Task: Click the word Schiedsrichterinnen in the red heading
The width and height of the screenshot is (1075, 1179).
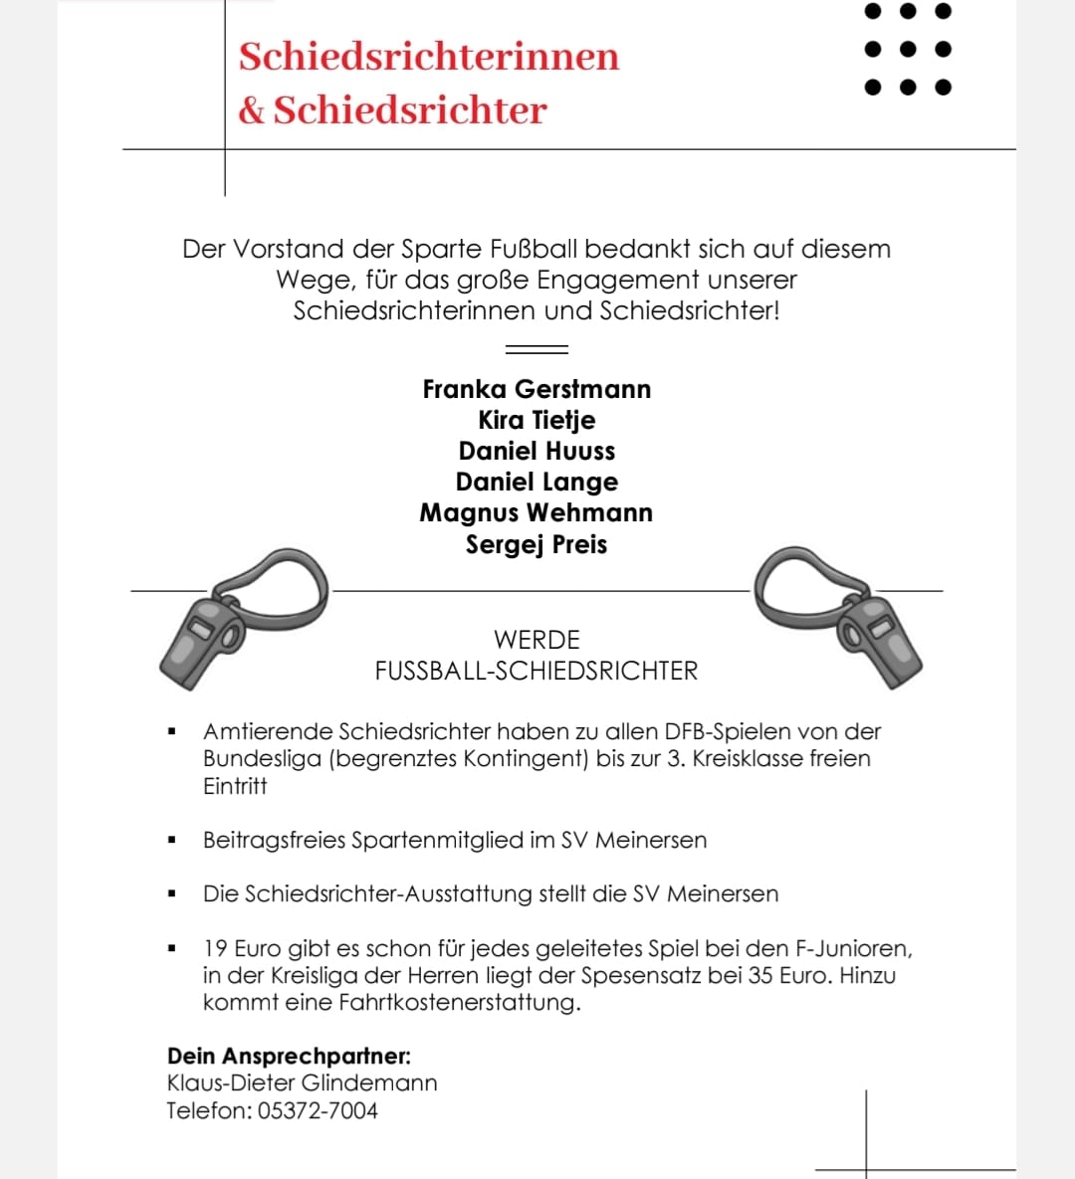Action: (x=428, y=57)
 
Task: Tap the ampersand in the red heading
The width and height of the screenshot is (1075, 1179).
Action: (x=251, y=111)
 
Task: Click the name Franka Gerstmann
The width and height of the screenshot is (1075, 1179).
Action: (x=537, y=389)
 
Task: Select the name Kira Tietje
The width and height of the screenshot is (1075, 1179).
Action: (x=537, y=420)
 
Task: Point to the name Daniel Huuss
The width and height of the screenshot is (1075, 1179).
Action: (x=537, y=451)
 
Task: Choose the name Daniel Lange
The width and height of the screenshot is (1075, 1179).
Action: (x=537, y=482)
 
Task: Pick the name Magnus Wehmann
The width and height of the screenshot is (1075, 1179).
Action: (x=537, y=512)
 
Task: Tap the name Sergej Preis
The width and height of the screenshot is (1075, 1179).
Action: (x=537, y=544)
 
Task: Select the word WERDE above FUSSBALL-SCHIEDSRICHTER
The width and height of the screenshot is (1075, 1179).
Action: (x=537, y=640)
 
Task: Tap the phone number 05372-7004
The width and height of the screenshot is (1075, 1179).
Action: (x=318, y=1110)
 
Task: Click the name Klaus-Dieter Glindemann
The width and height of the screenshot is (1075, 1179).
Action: (x=302, y=1082)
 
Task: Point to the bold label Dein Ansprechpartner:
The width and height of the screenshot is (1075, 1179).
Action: (x=289, y=1056)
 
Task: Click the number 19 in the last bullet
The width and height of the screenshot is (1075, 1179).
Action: (x=215, y=948)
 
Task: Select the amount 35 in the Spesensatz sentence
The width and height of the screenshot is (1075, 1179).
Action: (x=760, y=975)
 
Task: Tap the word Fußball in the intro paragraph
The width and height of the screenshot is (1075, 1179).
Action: (x=533, y=249)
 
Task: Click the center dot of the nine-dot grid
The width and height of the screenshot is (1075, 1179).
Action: (x=906, y=49)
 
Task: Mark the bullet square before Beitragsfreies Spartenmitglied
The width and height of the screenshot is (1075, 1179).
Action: (x=172, y=841)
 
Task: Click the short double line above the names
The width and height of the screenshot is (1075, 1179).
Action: (x=537, y=349)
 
